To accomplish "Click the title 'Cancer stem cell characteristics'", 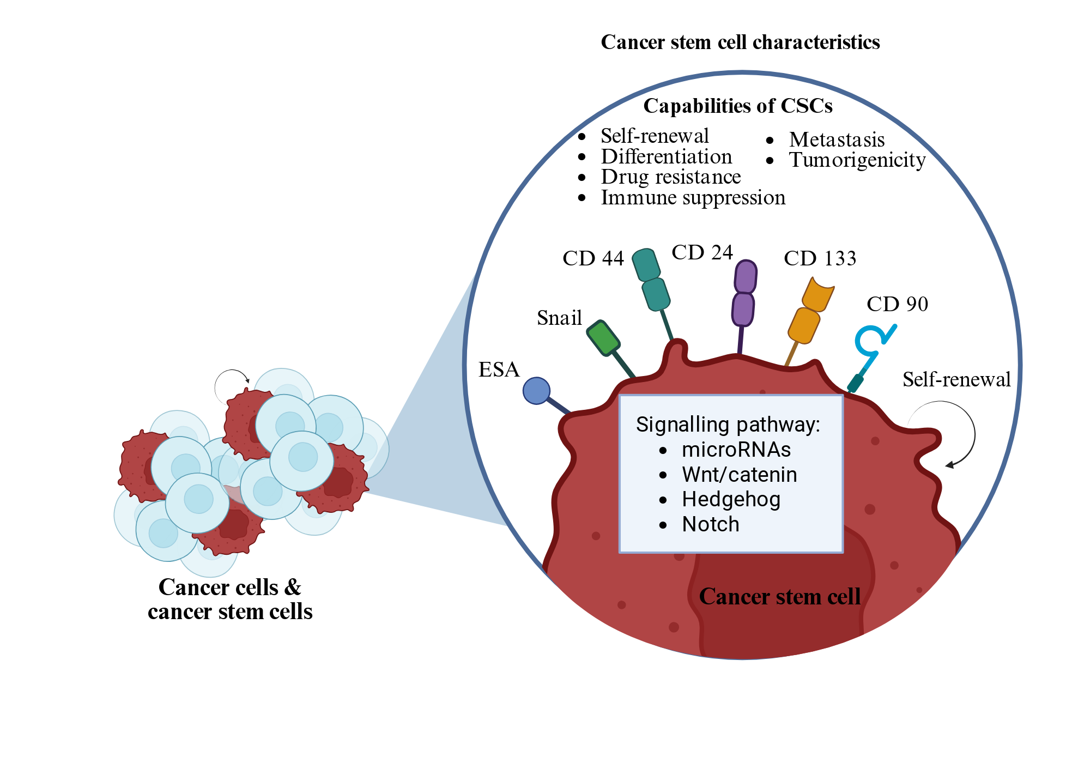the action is tap(740, 43).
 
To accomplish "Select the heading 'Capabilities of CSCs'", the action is tap(738, 106).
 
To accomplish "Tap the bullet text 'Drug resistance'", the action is tap(671, 177).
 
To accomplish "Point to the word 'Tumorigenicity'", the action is tap(857, 160).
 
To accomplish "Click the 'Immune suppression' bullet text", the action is tap(693, 198).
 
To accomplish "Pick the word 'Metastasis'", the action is tap(837, 140).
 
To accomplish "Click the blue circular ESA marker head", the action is tap(536, 391).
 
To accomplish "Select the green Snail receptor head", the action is tap(603, 338).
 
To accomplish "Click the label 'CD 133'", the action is tap(820, 258).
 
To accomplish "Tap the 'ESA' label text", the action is tap(499, 370).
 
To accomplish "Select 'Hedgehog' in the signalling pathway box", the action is tap(731, 500).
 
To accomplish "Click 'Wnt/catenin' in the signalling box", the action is tap(740, 475).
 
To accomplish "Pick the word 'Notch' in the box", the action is tap(711, 524).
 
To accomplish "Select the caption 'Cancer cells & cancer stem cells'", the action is tap(230, 599).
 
